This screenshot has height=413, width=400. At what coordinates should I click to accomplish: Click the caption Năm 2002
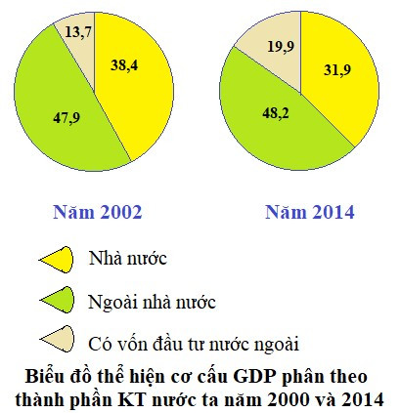click(x=97, y=212)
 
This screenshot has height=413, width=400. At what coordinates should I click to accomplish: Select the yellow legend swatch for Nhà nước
click(x=58, y=259)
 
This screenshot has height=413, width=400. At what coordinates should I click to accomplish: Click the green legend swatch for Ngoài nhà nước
click(x=58, y=301)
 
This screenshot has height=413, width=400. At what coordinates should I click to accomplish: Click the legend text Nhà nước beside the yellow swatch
click(x=128, y=259)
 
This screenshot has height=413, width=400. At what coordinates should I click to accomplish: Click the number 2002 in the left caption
click(x=118, y=212)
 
